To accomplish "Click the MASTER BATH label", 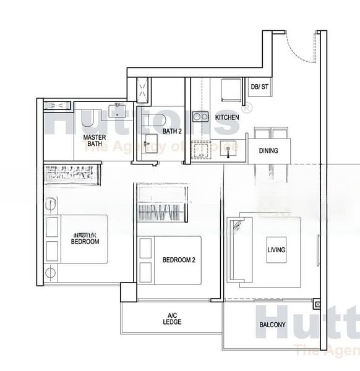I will tap(95, 140).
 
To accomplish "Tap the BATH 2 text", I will tap(171, 131).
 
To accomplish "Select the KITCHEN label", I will tap(227, 117).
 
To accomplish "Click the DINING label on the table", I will tap(268, 150).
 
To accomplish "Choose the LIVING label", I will tap(276, 250).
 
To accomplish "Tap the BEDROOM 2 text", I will tap(179, 260).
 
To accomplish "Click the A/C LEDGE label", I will tap(172, 318).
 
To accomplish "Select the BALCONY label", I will tap(272, 325).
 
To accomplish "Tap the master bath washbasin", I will tap(118, 111).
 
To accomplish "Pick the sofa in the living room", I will tap(236, 250).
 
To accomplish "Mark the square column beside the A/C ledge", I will tap(128, 292).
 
